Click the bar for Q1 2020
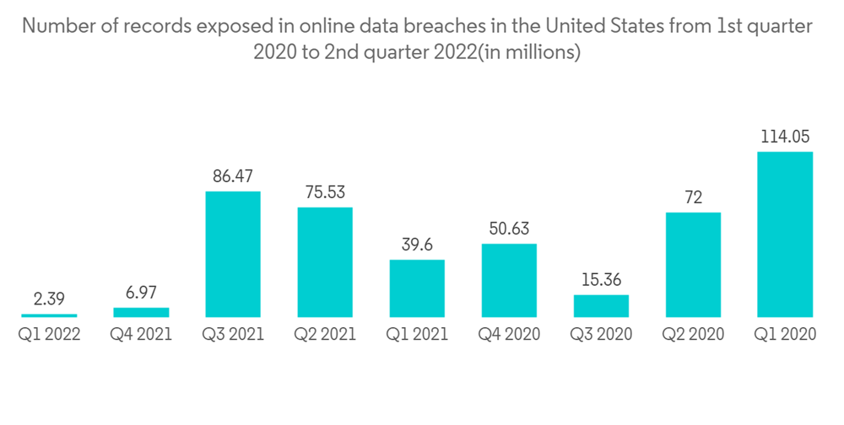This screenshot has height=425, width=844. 785,234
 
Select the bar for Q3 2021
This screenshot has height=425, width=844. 233,254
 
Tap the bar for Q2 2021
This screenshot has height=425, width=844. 325,262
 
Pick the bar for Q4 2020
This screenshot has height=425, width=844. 509,280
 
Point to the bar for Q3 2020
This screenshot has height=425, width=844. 601,305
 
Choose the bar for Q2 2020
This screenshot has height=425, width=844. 693,265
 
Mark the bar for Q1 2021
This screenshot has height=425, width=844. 417,288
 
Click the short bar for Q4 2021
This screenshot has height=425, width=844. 141,312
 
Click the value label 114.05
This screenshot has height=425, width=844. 785,137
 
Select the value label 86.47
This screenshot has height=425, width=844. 233,177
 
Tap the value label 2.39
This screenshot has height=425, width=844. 49,299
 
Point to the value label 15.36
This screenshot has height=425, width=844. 601,279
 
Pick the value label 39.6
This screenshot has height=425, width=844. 417,245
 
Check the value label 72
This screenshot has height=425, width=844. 693,197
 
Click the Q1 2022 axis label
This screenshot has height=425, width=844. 49,335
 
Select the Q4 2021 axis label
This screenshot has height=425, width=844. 141,335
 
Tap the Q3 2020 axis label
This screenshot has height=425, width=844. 601,335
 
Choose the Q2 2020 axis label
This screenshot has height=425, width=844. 693,335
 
